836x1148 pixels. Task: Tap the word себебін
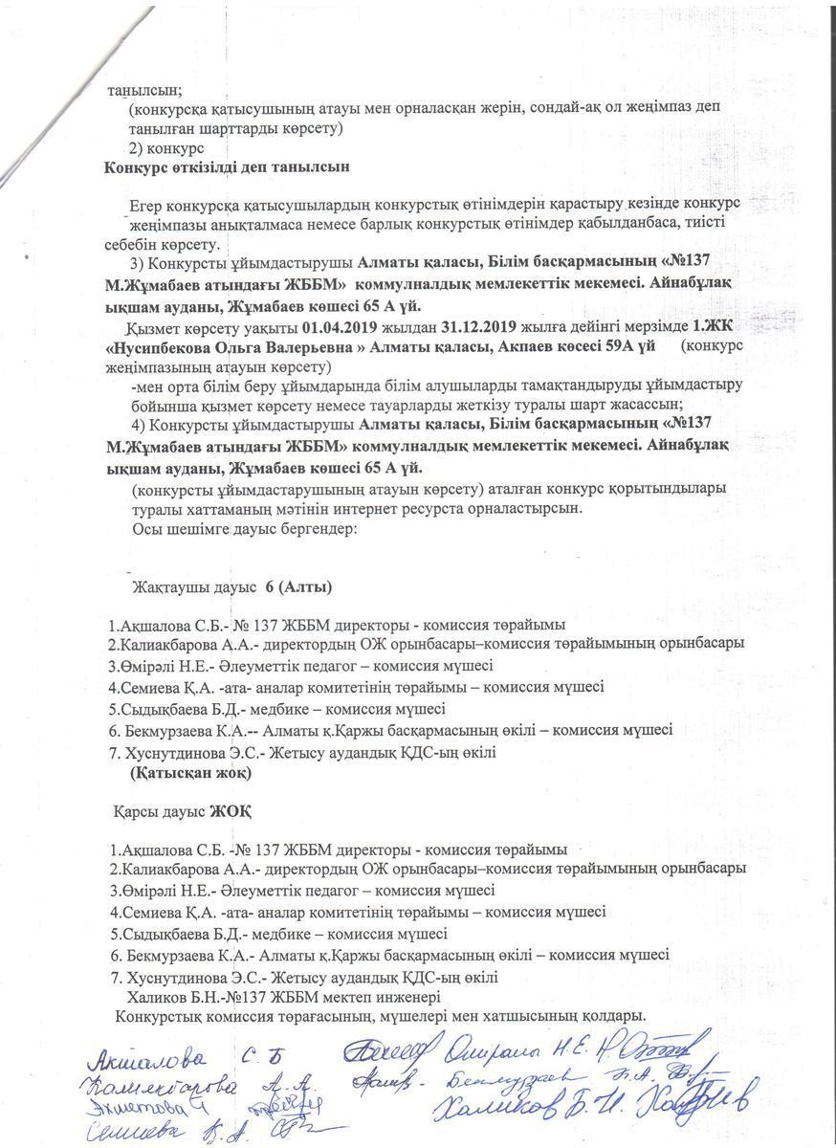[134, 244]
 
